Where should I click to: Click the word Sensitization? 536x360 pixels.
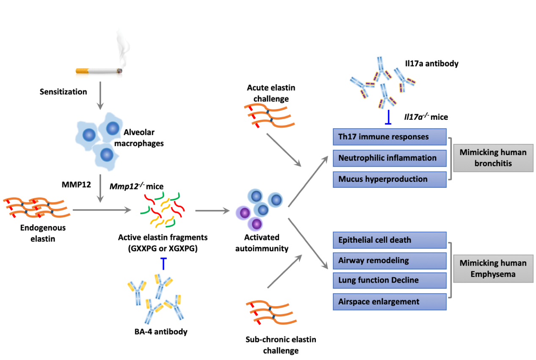63,91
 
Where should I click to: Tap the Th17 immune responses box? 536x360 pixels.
390,137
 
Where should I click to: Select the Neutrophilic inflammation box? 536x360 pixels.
390,158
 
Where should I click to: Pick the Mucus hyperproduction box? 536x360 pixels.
390,179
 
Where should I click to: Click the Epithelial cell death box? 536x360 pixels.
390,240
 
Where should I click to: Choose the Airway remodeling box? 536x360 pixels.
390,261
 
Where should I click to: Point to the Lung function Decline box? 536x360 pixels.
390,280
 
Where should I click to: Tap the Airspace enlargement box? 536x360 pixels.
390,302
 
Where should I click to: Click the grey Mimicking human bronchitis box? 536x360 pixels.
493,157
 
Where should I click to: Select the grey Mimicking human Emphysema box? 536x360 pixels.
493,268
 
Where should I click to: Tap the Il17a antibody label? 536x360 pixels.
431,64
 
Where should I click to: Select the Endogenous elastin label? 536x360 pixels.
38,233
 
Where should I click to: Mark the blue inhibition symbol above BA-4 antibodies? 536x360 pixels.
163,264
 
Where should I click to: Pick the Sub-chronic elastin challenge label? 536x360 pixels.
281,345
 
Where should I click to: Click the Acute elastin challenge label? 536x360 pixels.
271,93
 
